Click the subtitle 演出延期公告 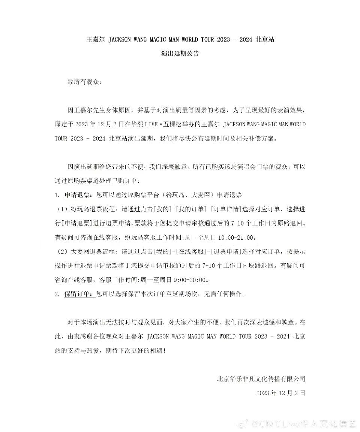180,53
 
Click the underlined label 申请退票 79,195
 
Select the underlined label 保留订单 79,294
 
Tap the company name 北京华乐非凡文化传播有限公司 261,378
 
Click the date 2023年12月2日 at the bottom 280,393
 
